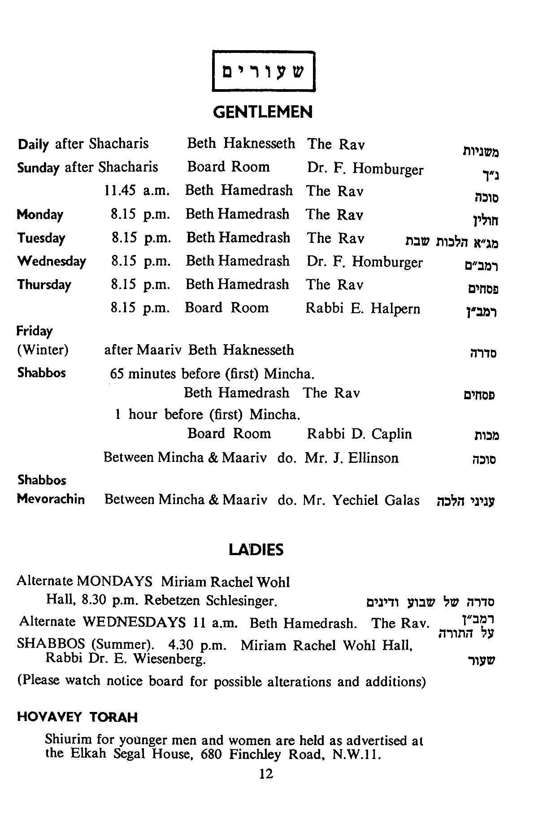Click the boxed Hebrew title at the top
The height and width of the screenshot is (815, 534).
click(263, 72)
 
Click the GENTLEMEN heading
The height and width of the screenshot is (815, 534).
click(263, 112)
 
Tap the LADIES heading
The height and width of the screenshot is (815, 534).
click(256, 549)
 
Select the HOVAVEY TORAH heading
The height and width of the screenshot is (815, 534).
click(77, 717)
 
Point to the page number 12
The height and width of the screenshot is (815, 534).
click(266, 774)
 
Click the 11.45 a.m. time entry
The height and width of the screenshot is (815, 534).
click(137, 191)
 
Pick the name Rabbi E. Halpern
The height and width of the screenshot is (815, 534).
click(363, 308)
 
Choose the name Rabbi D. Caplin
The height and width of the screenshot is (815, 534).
click(359, 434)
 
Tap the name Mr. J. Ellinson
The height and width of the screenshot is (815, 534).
click(352, 458)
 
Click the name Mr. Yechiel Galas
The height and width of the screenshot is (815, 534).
click(361, 500)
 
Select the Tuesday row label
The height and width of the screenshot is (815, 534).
click(41, 238)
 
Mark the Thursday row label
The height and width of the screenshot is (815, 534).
click(44, 285)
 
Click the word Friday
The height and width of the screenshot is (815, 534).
click(35, 331)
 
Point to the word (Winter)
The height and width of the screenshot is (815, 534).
click(43, 349)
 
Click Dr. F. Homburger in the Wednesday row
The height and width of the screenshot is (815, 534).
click(365, 262)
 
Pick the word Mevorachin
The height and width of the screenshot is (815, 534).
click(51, 499)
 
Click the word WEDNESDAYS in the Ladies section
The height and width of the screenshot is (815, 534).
click(134, 622)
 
